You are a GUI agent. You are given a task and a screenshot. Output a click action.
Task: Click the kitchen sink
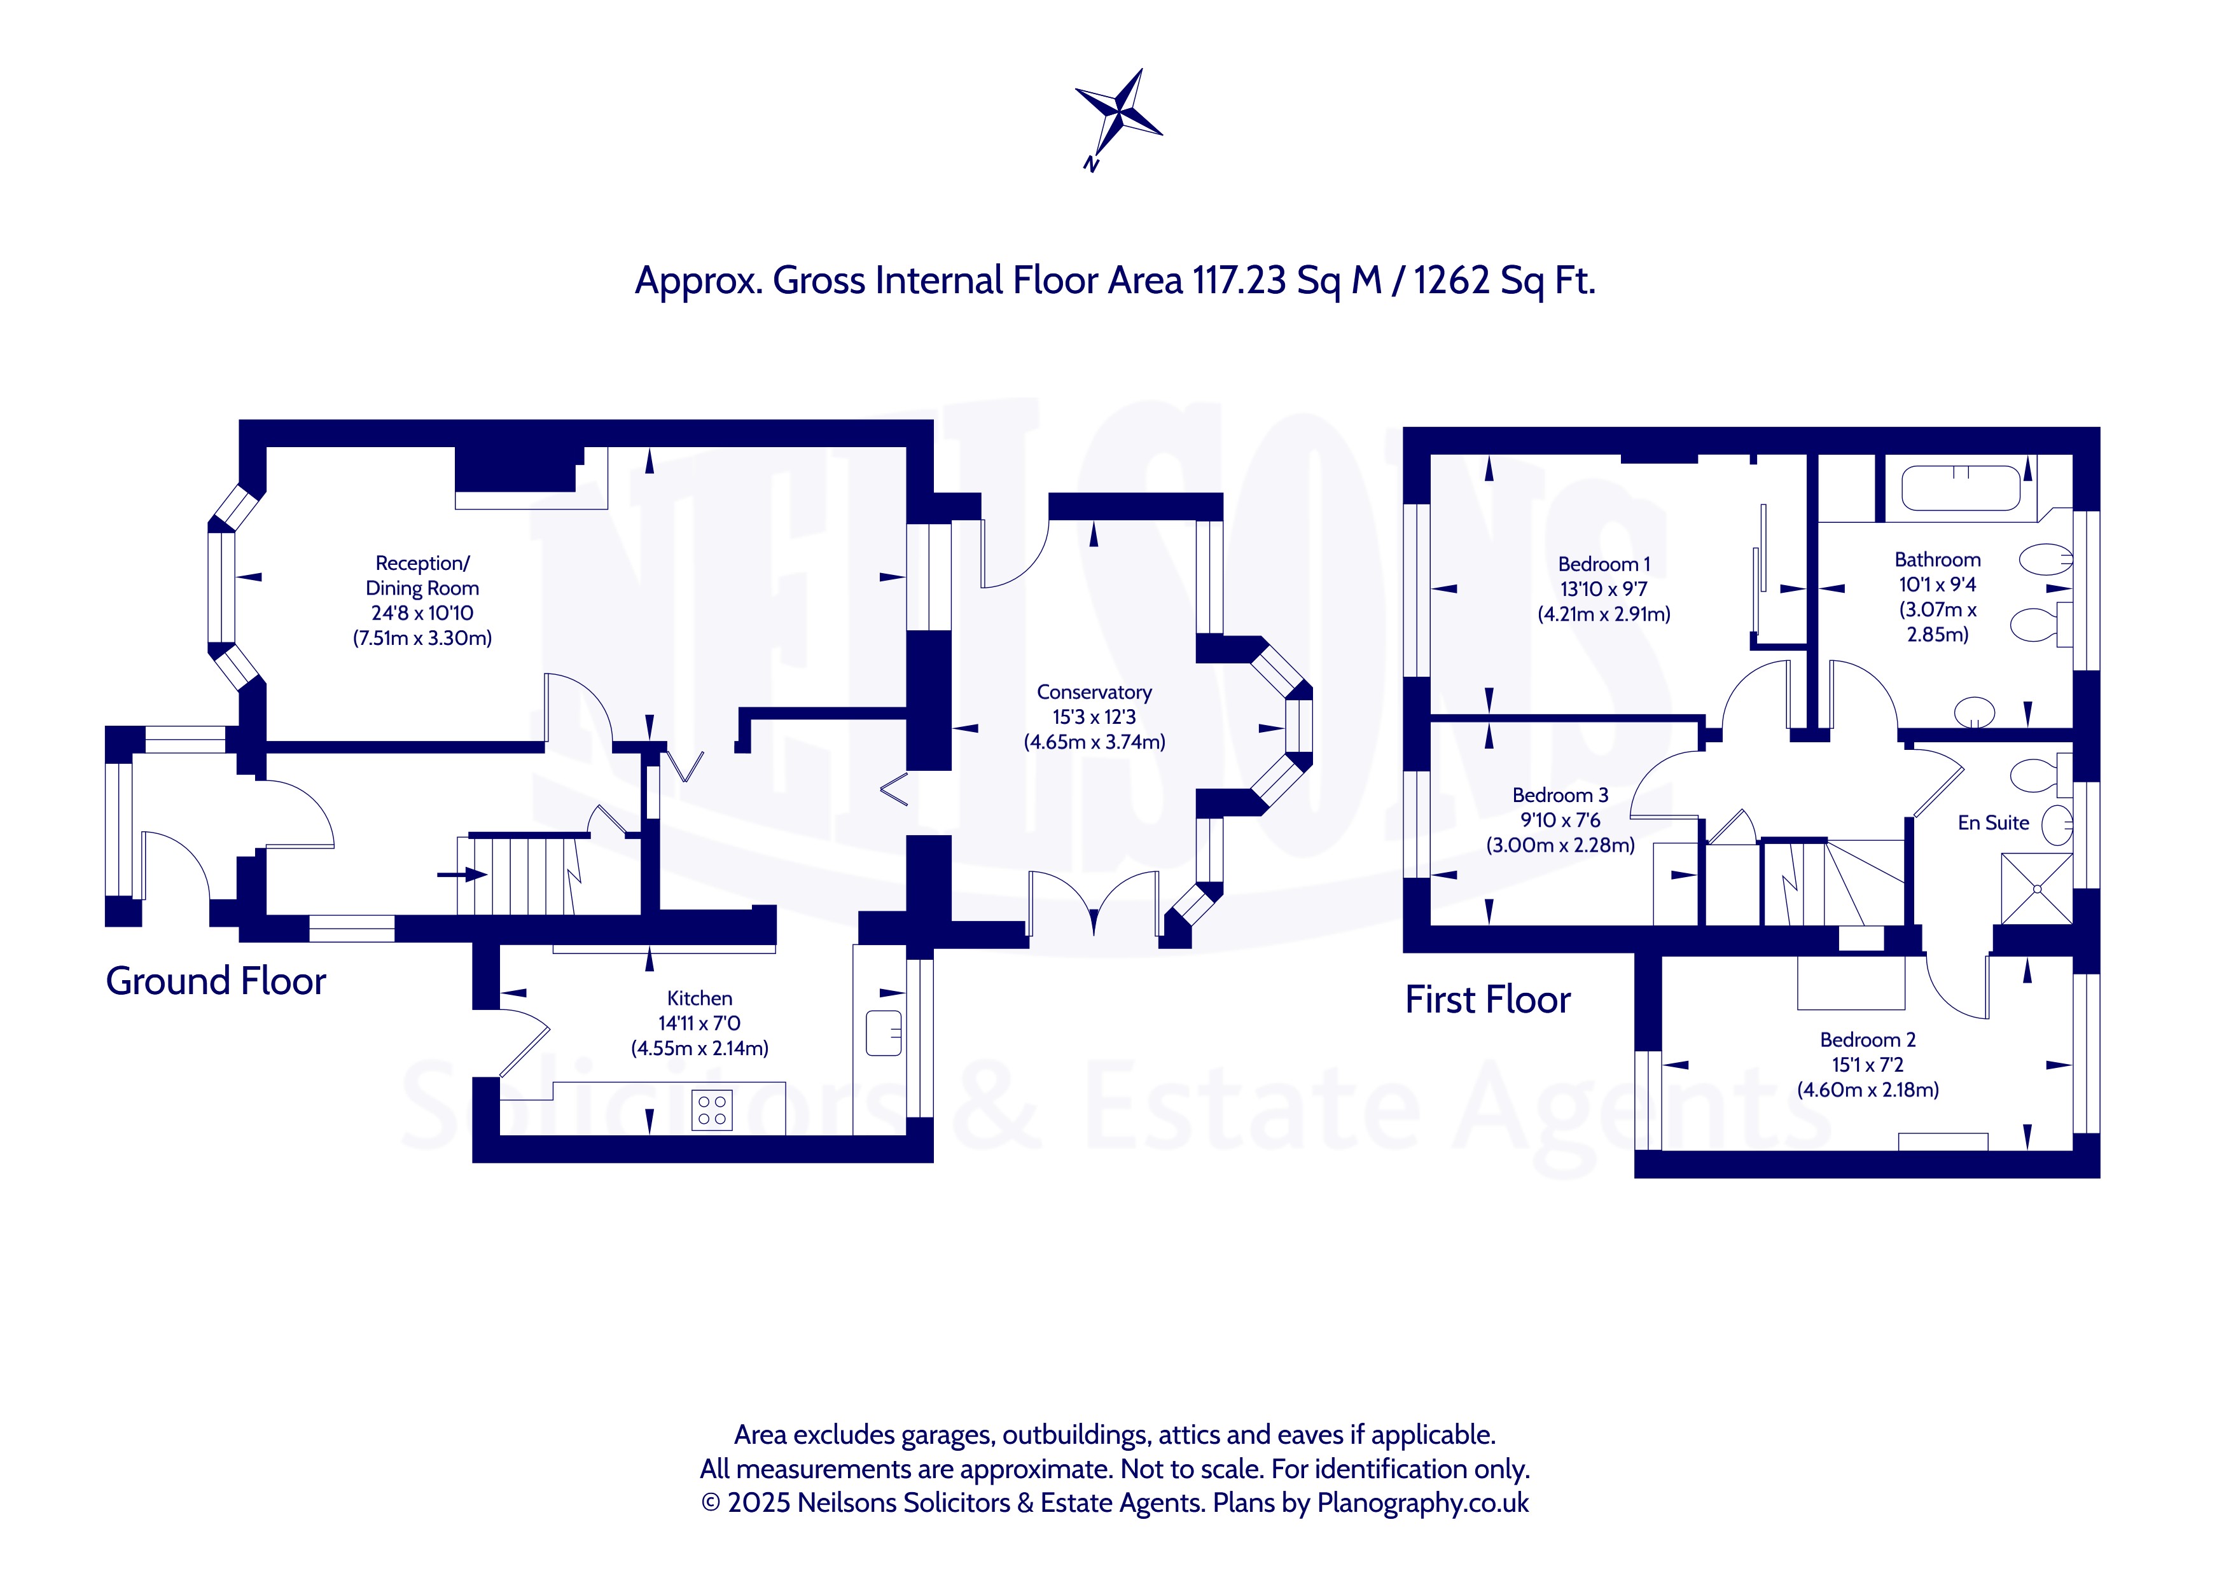(883, 1033)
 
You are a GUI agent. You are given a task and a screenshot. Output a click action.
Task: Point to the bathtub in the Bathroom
(1961, 488)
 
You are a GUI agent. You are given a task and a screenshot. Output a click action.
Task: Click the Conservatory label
(1094, 692)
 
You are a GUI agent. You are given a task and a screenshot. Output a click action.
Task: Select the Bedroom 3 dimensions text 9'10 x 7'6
(1560, 820)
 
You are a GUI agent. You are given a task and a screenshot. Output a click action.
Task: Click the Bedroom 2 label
(1868, 1040)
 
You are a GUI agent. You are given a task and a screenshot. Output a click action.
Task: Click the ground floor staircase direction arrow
(462, 875)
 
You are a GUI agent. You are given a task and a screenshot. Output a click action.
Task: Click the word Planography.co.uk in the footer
(1422, 1502)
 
